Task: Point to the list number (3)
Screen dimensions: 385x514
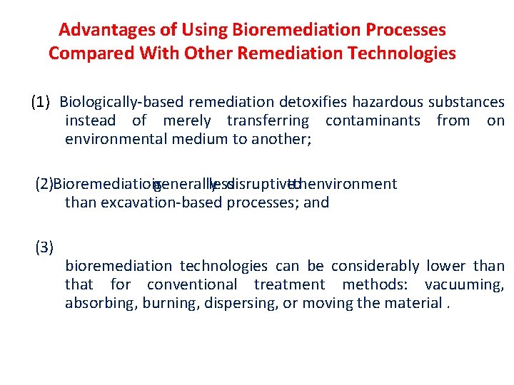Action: (44, 247)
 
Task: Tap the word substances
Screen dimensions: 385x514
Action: (467, 103)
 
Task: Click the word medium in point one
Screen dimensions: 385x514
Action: (199, 140)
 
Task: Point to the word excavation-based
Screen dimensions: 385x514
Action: (162, 202)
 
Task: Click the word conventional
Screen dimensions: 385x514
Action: (191, 284)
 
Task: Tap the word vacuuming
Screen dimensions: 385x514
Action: (464, 284)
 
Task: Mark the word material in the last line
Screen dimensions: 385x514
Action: (412, 303)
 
